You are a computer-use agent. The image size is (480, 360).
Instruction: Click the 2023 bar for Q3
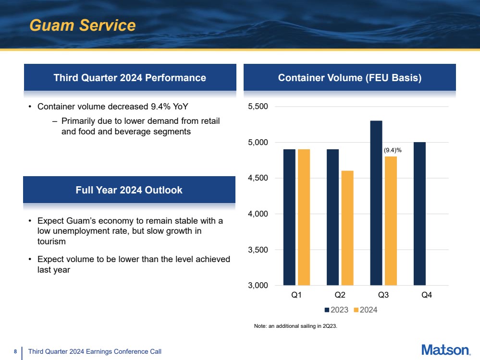(x=376, y=203)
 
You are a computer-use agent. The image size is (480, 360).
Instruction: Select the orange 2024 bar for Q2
(x=347, y=228)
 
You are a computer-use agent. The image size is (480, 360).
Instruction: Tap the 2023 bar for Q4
(x=419, y=214)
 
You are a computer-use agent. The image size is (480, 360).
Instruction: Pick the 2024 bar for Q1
(x=304, y=217)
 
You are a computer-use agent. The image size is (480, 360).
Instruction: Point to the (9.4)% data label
(x=393, y=150)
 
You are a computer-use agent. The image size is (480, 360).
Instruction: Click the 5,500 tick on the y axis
(x=258, y=107)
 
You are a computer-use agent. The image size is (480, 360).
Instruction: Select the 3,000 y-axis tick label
(x=258, y=286)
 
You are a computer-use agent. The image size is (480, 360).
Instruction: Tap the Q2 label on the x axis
(x=340, y=295)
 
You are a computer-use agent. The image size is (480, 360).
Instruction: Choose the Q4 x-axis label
(x=427, y=295)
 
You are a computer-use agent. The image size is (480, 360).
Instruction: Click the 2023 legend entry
(x=336, y=310)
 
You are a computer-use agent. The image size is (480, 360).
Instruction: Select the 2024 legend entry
(x=366, y=310)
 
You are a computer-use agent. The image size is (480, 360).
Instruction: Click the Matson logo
(x=446, y=350)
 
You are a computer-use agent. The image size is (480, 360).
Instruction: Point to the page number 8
(x=15, y=351)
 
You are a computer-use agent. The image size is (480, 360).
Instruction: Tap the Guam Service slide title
(x=83, y=25)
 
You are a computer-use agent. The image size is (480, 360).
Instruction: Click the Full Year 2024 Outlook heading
(x=129, y=190)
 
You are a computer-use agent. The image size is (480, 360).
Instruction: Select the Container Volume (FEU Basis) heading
(x=350, y=78)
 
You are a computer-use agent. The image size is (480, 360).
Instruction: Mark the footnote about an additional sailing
(x=295, y=326)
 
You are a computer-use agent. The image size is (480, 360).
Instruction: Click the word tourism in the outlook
(x=51, y=241)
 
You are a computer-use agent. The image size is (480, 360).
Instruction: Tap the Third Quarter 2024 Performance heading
(x=130, y=78)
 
